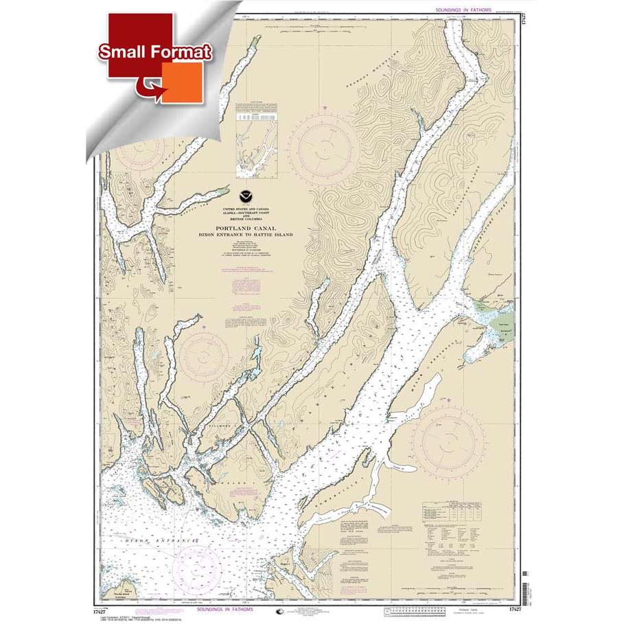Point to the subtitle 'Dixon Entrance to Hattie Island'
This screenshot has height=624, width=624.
(254, 235)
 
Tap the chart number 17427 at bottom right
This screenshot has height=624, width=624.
(509, 609)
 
